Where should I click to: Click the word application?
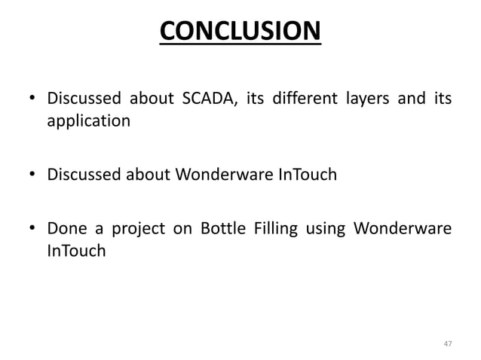point(88,121)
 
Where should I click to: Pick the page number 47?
point(448,344)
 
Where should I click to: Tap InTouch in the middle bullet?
point(307,176)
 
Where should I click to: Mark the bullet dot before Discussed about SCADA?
point(33,100)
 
